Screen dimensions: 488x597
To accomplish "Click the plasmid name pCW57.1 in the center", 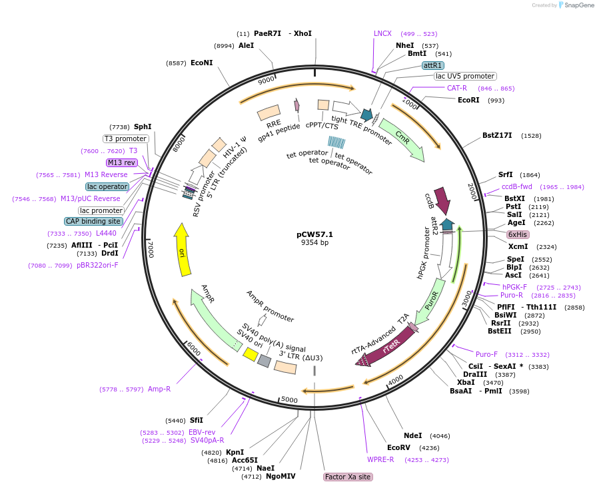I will pos(314,234).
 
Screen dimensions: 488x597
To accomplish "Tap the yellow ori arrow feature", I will pos(183,250).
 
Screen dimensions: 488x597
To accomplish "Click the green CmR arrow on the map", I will pos(404,140).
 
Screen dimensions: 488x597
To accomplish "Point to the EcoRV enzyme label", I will pos(399,447).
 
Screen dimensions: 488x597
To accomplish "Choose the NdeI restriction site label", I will pos(413,435).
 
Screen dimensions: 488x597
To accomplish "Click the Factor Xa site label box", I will pos(347,477).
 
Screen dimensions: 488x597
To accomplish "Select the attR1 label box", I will pos(433,65).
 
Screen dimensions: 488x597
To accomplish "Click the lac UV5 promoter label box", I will pos(464,76).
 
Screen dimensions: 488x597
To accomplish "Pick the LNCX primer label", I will pos(382,33).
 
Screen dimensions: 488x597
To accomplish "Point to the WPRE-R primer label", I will pos(380,459).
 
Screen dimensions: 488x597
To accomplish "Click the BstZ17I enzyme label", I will pos(497,135).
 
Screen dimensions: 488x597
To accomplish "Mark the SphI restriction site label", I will pos(143,126).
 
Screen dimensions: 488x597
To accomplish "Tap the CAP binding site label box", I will pos(94,221).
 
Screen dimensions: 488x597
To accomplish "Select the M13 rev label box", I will pos(121,162).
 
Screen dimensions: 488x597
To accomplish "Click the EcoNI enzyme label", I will pos(201,63).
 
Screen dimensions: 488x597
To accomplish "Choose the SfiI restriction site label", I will pos(196,420).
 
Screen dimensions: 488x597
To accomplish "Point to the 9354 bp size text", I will pos(314,243).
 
